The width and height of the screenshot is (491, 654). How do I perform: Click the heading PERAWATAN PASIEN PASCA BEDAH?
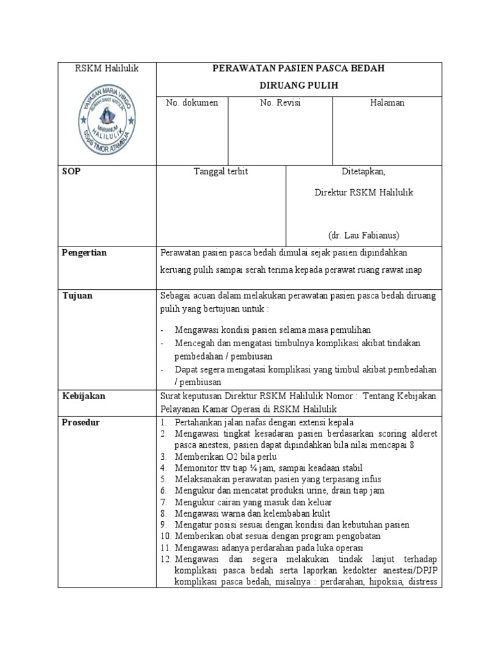(x=299, y=69)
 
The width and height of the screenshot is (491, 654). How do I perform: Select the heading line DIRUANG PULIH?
(x=299, y=86)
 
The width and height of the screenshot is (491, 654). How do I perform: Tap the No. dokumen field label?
(x=191, y=103)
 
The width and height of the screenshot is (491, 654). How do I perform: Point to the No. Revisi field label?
(x=280, y=103)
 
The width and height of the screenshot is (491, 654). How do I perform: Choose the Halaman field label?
(x=387, y=103)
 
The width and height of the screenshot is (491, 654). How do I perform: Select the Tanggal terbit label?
(x=221, y=172)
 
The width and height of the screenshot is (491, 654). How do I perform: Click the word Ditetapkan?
(x=363, y=172)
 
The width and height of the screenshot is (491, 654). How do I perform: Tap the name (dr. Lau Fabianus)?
(x=363, y=234)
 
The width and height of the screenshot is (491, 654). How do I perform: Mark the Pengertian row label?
(x=84, y=253)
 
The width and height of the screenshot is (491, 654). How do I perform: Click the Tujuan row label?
(x=77, y=295)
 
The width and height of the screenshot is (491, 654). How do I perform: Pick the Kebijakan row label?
(x=83, y=396)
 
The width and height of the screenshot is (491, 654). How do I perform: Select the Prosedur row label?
(x=81, y=422)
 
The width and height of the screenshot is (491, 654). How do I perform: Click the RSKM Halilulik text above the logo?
(x=107, y=68)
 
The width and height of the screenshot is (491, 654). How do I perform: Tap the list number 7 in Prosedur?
(x=164, y=502)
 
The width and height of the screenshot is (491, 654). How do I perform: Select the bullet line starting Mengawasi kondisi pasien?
(x=273, y=330)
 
